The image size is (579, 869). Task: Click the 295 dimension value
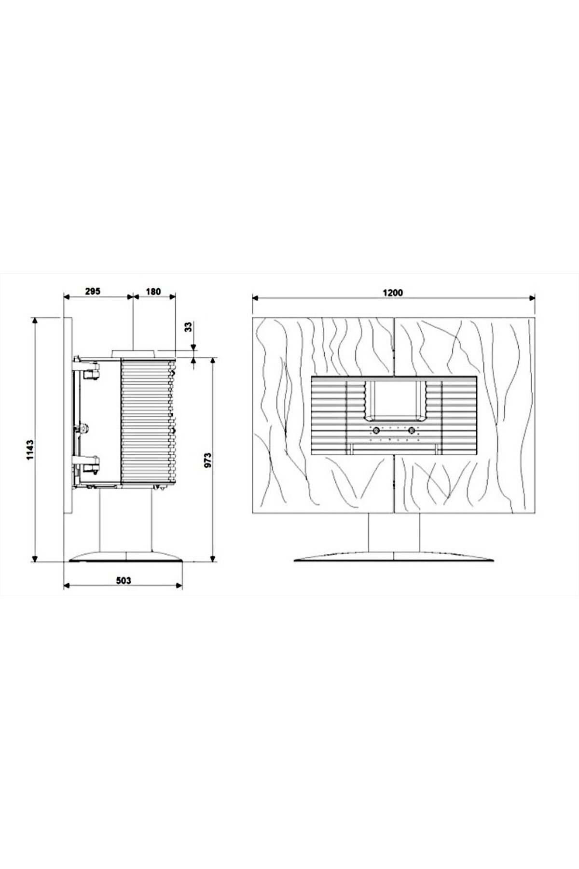pyautogui.click(x=93, y=291)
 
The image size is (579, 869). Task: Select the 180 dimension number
pyautogui.click(x=153, y=291)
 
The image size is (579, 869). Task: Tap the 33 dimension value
pyautogui.click(x=189, y=327)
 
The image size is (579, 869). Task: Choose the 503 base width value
pyautogui.click(x=124, y=581)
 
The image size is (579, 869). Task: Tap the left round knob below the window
pyautogui.click(x=374, y=430)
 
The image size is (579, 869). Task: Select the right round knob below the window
pyautogui.click(x=412, y=430)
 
